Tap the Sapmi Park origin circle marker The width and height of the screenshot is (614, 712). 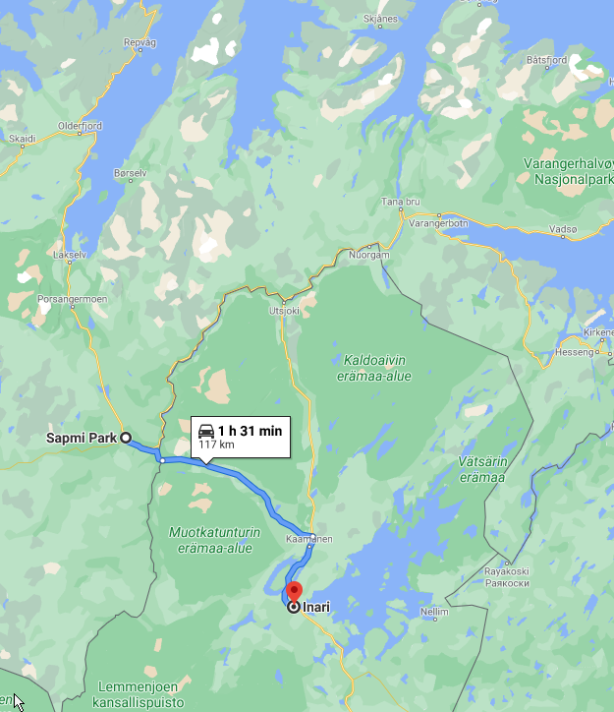coord(126,439)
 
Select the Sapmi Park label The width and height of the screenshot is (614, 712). coord(82,439)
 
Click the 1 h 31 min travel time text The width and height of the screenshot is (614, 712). coord(250,431)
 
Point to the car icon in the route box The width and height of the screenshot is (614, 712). coord(206,431)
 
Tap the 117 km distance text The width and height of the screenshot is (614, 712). coord(216,445)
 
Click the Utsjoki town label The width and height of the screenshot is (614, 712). coord(284,311)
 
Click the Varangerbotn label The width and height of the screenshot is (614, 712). coord(440,223)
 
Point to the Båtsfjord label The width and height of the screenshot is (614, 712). coord(547,60)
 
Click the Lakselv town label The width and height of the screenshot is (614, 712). coord(70,254)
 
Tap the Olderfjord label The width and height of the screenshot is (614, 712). coord(80,126)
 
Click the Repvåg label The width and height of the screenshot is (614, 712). coord(140,42)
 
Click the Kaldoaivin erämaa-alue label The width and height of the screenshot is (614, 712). coord(375,367)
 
